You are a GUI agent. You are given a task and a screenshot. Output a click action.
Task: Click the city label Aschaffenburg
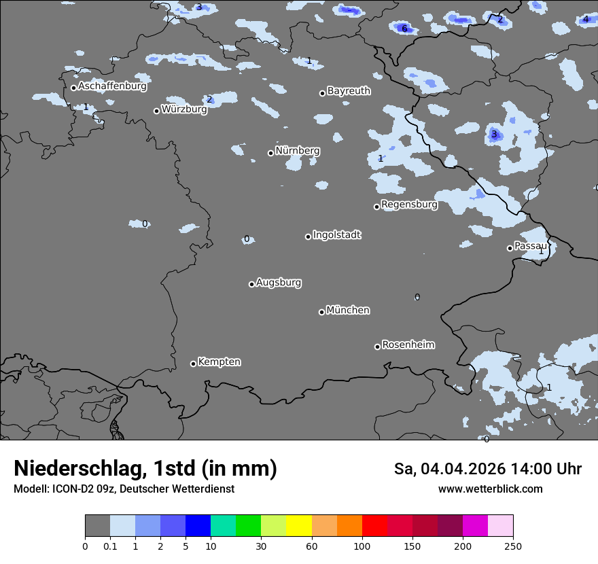coord(112,86)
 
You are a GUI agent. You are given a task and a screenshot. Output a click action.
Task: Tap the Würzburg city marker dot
coord(156,111)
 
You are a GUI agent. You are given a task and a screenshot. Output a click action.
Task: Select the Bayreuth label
coord(349,90)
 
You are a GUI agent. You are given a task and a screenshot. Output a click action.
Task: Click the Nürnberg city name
coord(297,150)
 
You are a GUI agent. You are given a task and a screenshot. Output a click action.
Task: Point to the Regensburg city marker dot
coord(376,207)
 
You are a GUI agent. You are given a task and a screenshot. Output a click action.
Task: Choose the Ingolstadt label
coord(336,234)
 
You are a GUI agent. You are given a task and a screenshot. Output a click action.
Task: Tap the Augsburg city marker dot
coord(251,284)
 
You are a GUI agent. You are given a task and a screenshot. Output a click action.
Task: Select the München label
coord(348,310)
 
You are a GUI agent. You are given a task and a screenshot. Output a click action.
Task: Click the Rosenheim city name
coord(408,345)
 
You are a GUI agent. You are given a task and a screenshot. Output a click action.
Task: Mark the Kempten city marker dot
coord(193,364)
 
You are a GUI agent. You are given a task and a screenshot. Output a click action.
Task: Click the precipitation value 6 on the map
coord(404,29)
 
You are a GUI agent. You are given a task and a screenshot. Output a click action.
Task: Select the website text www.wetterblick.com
coord(490,489)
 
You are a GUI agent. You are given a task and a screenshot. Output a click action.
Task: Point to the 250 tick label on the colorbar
coord(513,546)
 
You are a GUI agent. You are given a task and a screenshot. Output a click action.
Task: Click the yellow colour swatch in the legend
coord(299,526)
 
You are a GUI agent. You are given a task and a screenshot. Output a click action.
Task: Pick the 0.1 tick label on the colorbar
coord(110,546)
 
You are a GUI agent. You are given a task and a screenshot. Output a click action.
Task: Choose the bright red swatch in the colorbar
coord(374,526)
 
